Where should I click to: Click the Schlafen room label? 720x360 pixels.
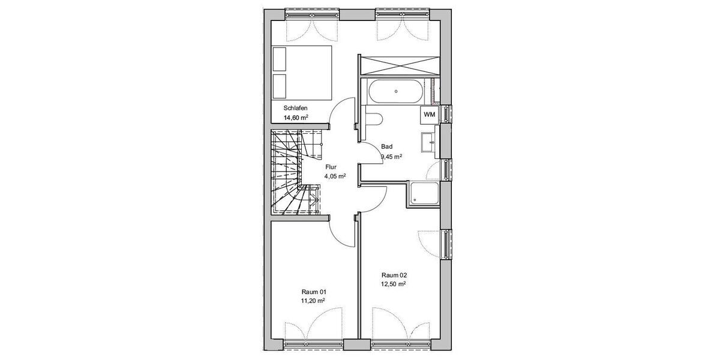click(x=296, y=108)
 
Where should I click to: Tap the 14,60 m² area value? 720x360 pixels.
click(x=296, y=118)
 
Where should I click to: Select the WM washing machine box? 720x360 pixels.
click(x=429, y=114)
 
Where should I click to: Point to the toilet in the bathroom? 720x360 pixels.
click(x=373, y=118)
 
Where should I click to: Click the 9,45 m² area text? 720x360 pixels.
click(x=391, y=157)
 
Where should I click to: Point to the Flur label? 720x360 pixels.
click(x=331, y=167)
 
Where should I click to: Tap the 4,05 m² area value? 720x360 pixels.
click(x=335, y=177)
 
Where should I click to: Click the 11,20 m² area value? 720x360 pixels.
click(x=313, y=301)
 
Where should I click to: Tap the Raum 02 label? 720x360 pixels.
click(x=394, y=274)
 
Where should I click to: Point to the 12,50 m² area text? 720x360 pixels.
click(x=394, y=284)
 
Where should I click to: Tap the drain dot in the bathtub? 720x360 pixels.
click(x=396, y=91)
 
